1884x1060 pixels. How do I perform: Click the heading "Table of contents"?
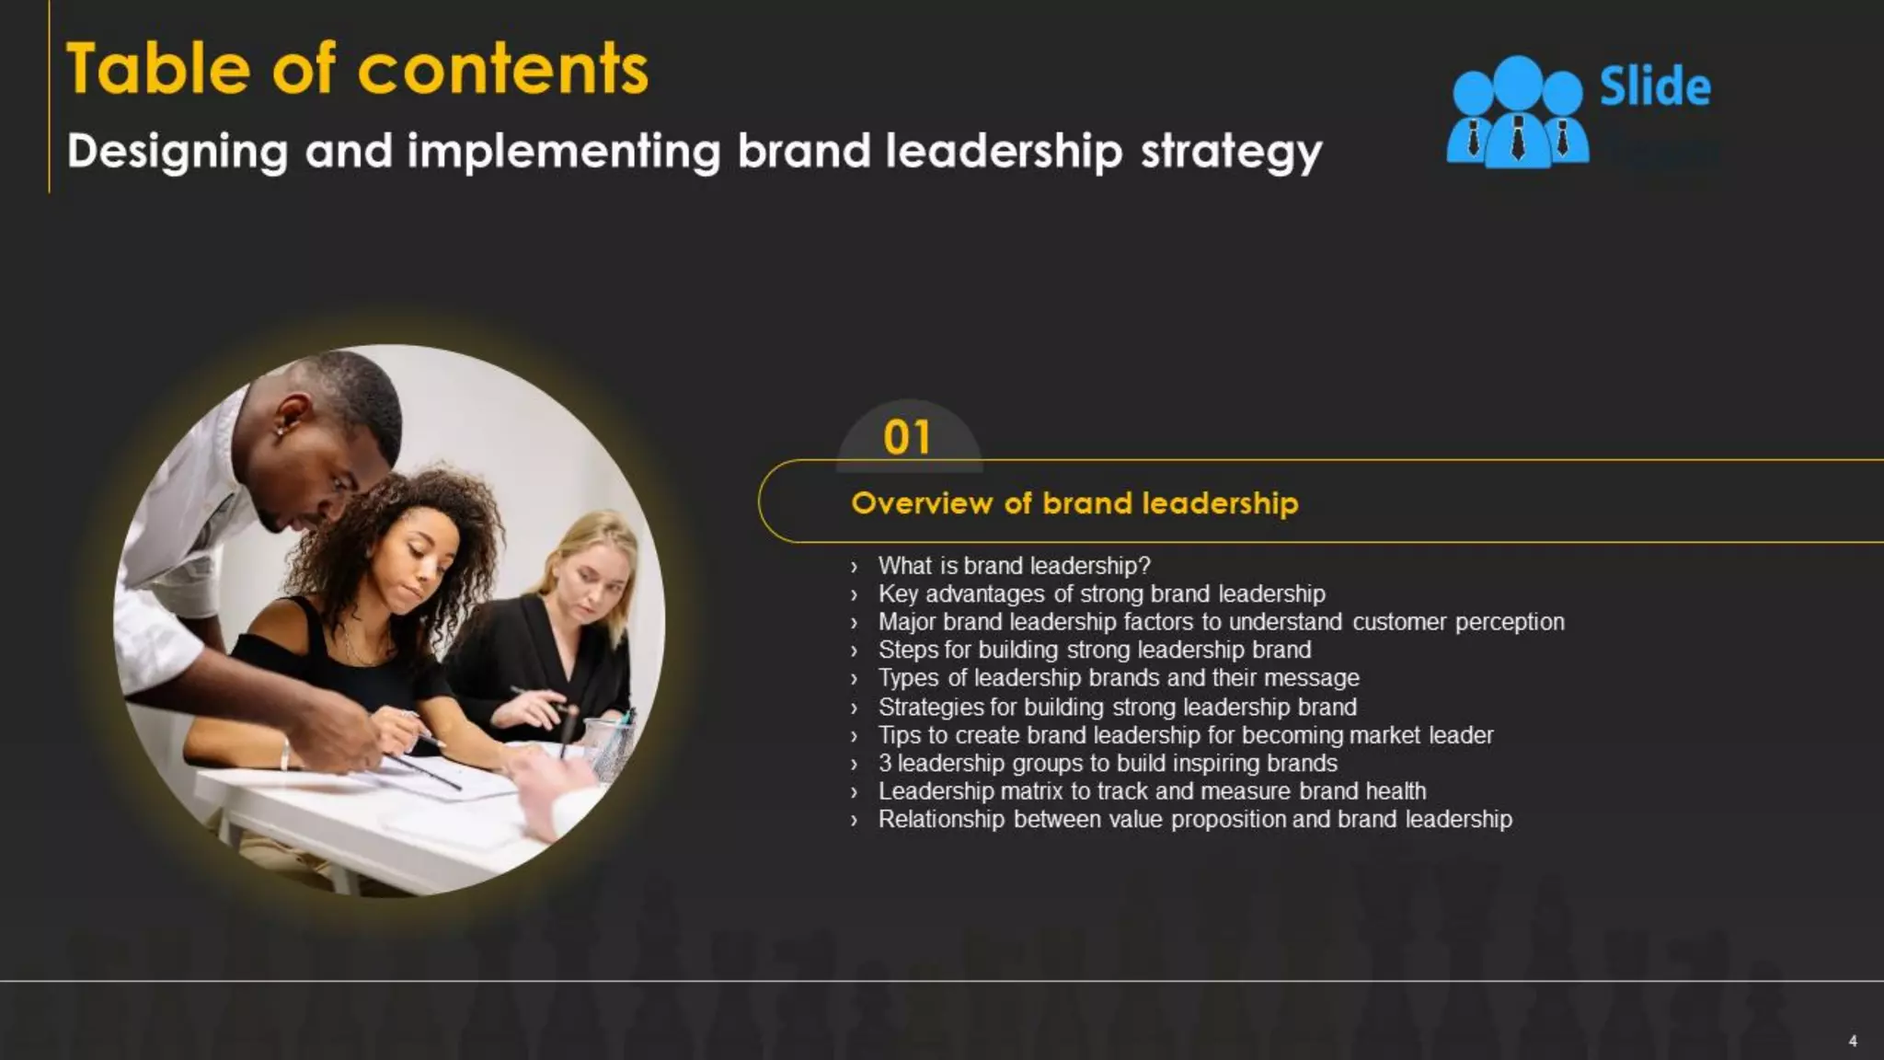coord(357,69)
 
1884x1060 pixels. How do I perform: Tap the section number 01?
coord(907,438)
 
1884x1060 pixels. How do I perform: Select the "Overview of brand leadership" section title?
coord(1074,503)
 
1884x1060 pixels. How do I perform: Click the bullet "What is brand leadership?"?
coord(1014,566)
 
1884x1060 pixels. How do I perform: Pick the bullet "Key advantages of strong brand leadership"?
coord(1101,594)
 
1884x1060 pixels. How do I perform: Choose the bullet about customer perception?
coord(1221,622)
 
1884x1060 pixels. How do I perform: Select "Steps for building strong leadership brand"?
coord(1095,650)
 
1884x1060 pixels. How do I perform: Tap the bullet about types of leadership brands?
coord(1119,678)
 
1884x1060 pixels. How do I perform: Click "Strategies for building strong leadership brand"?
coord(1117,707)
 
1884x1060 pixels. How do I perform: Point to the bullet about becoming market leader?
coord(1185,735)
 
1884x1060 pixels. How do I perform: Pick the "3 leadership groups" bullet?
coord(1108,763)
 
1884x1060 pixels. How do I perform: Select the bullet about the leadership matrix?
coord(1152,791)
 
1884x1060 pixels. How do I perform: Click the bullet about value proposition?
coord(1195,819)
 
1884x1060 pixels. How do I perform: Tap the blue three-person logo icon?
coord(1517,112)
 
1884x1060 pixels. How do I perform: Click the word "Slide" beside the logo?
coord(1655,87)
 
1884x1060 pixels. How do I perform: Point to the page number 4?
coord(1853,1041)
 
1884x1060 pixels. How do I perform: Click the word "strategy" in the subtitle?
coord(1231,152)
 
